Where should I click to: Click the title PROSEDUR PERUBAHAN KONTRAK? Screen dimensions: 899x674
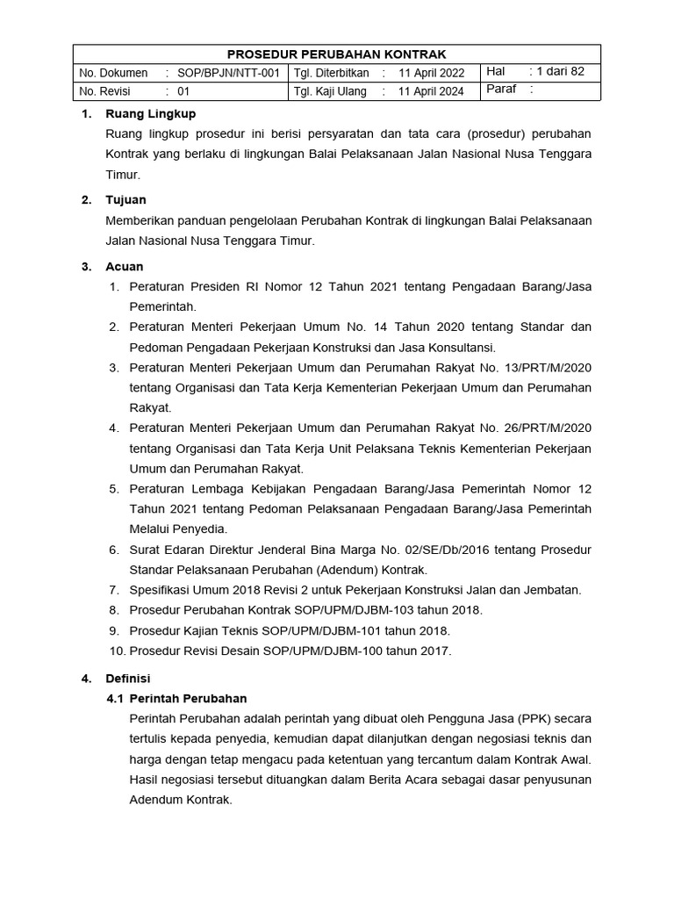pyautogui.click(x=337, y=54)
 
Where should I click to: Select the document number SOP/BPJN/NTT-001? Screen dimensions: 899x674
pyautogui.click(x=228, y=73)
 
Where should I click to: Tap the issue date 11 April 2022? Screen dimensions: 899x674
pyautogui.click(x=432, y=73)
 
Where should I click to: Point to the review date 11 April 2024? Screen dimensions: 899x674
pyautogui.click(x=432, y=91)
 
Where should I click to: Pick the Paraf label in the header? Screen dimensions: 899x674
pyautogui.click(x=501, y=90)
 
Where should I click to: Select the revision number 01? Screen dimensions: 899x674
pyautogui.click(x=183, y=91)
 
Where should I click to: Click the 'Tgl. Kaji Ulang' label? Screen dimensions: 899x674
pyautogui.click(x=330, y=91)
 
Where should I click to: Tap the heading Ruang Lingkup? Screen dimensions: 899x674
pyautogui.click(x=150, y=114)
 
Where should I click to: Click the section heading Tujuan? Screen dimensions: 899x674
pyautogui.click(x=125, y=200)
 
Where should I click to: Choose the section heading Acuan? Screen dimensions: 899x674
pyautogui.click(x=125, y=266)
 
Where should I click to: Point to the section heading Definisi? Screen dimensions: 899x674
pyautogui.click(x=128, y=679)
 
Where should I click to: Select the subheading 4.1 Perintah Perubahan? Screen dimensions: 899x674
pyautogui.click(x=176, y=699)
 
